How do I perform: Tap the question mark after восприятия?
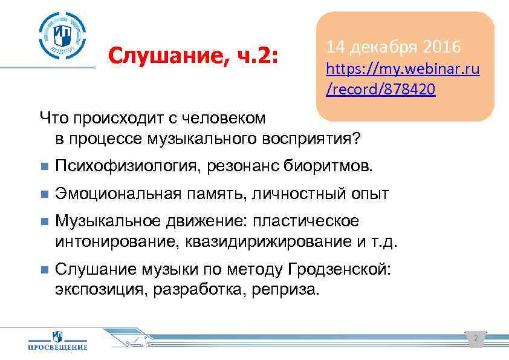click(358, 139)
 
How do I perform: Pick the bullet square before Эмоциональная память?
click(42, 195)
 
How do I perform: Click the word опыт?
click(372, 194)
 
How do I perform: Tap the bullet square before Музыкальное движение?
click(42, 220)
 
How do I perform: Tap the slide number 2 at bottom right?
click(475, 339)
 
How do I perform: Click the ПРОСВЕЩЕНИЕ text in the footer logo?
click(58, 347)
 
